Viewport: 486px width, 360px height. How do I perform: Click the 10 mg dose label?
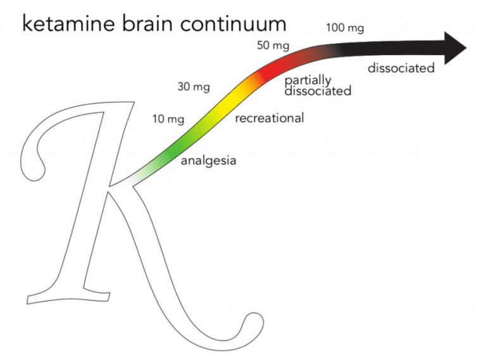point(168,118)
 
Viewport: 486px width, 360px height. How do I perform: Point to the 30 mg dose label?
point(193,87)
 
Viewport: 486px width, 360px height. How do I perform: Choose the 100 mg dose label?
point(345,28)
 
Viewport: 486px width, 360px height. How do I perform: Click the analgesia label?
point(208,161)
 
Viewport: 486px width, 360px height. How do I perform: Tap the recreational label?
point(269,118)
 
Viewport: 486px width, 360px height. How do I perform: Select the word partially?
point(308,81)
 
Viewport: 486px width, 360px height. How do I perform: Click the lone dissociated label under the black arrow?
point(401,68)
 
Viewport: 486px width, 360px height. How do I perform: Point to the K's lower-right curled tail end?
point(250,328)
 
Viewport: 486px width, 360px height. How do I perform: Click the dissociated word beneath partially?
point(318,91)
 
